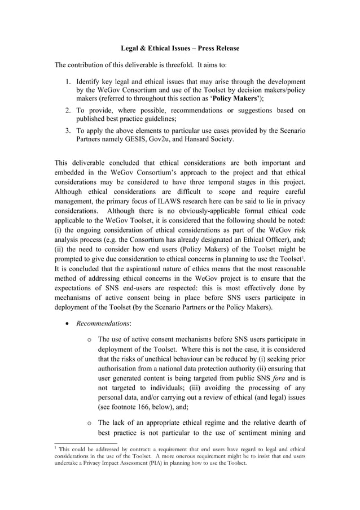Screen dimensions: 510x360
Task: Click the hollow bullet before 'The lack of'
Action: tap(90, 422)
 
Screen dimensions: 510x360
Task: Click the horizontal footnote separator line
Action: tap(85, 443)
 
